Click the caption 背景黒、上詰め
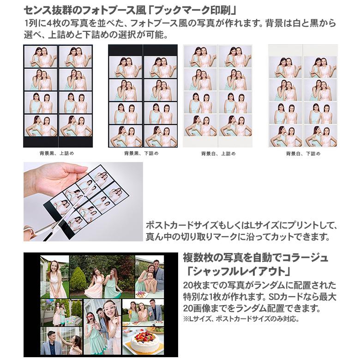pos(57,153)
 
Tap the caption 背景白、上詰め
pos(218,153)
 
